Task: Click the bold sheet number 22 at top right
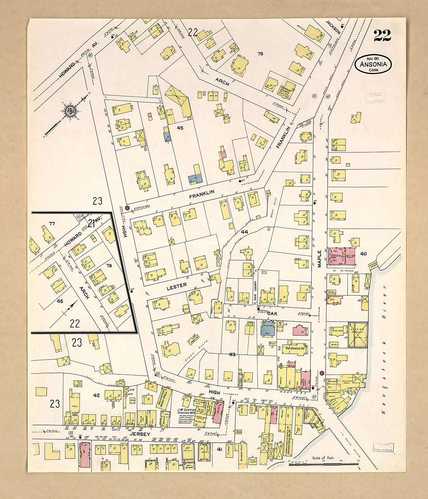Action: (382, 35)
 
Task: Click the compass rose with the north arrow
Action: (70, 111)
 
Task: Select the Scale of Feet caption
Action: (323, 458)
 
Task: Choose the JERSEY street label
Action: (140, 433)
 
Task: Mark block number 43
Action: (232, 354)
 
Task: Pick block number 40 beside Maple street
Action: (363, 254)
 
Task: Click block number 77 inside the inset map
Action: (51, 223)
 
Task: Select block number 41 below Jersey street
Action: (219, 449)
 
